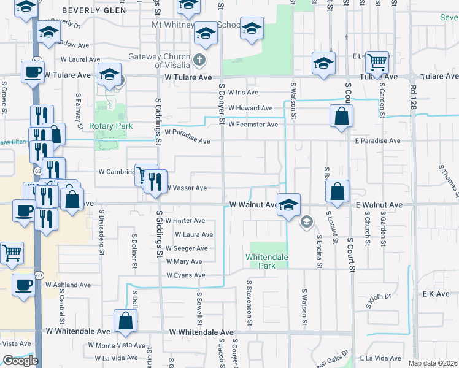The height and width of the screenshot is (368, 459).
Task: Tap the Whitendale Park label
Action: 266,261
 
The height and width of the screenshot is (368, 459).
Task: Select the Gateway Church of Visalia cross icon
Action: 198,60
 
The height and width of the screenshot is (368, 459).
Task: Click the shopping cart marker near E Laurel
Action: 377,61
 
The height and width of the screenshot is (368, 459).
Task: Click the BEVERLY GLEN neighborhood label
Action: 94,10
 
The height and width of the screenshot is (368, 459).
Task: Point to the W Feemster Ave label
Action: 253,125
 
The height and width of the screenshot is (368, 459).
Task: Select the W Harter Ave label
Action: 185,221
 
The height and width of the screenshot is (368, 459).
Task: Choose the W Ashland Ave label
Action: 67,285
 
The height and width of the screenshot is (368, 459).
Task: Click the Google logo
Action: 20,361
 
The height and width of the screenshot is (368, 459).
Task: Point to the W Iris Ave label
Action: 244,92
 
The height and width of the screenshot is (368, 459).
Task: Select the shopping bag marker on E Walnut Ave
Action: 337,191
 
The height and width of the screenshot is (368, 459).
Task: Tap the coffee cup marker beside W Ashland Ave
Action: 24,287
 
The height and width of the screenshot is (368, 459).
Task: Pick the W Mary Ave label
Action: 183,262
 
